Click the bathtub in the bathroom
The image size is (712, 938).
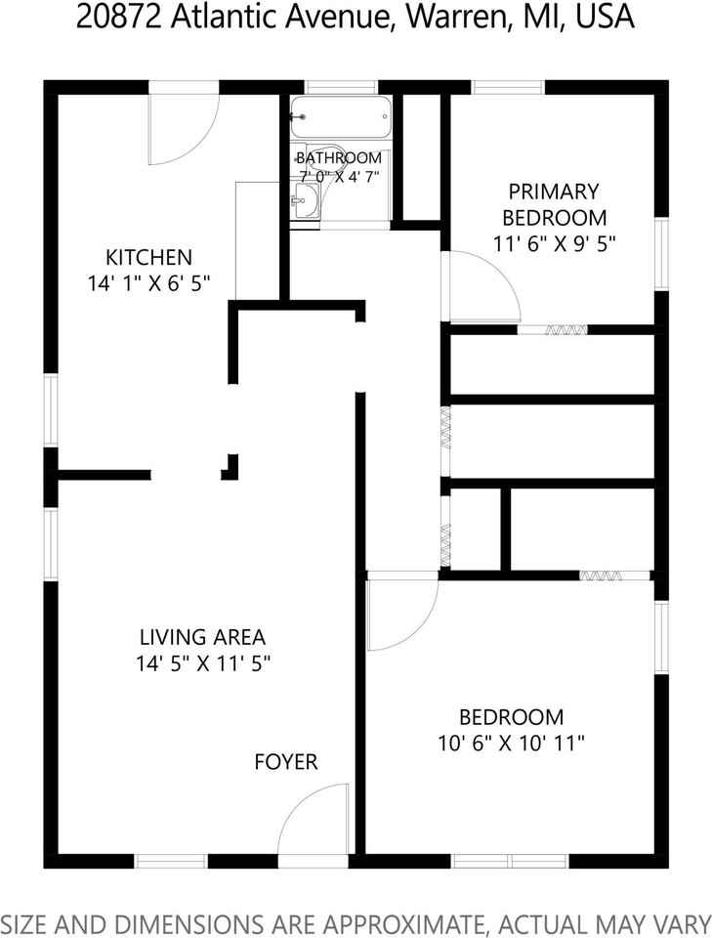[x=341, y=118]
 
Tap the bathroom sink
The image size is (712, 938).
[x=305, y=204]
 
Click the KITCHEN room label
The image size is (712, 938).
[x=148, y=258]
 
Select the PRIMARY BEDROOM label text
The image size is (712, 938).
[x=554, y=204]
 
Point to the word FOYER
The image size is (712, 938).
[x=286, y=762]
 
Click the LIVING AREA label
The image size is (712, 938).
[x=202, y=637]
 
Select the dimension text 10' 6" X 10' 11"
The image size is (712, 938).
[x=512, y=743]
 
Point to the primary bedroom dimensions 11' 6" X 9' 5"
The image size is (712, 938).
[x=555, y=244]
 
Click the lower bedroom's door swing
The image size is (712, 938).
[x=400, y=616]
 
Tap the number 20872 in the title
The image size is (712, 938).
[x=116, y=18]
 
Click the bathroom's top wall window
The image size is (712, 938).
[x=341, y=86]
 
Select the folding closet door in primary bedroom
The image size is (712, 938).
[x=552, y=330]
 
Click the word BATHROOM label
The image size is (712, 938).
[x=339, y=157]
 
